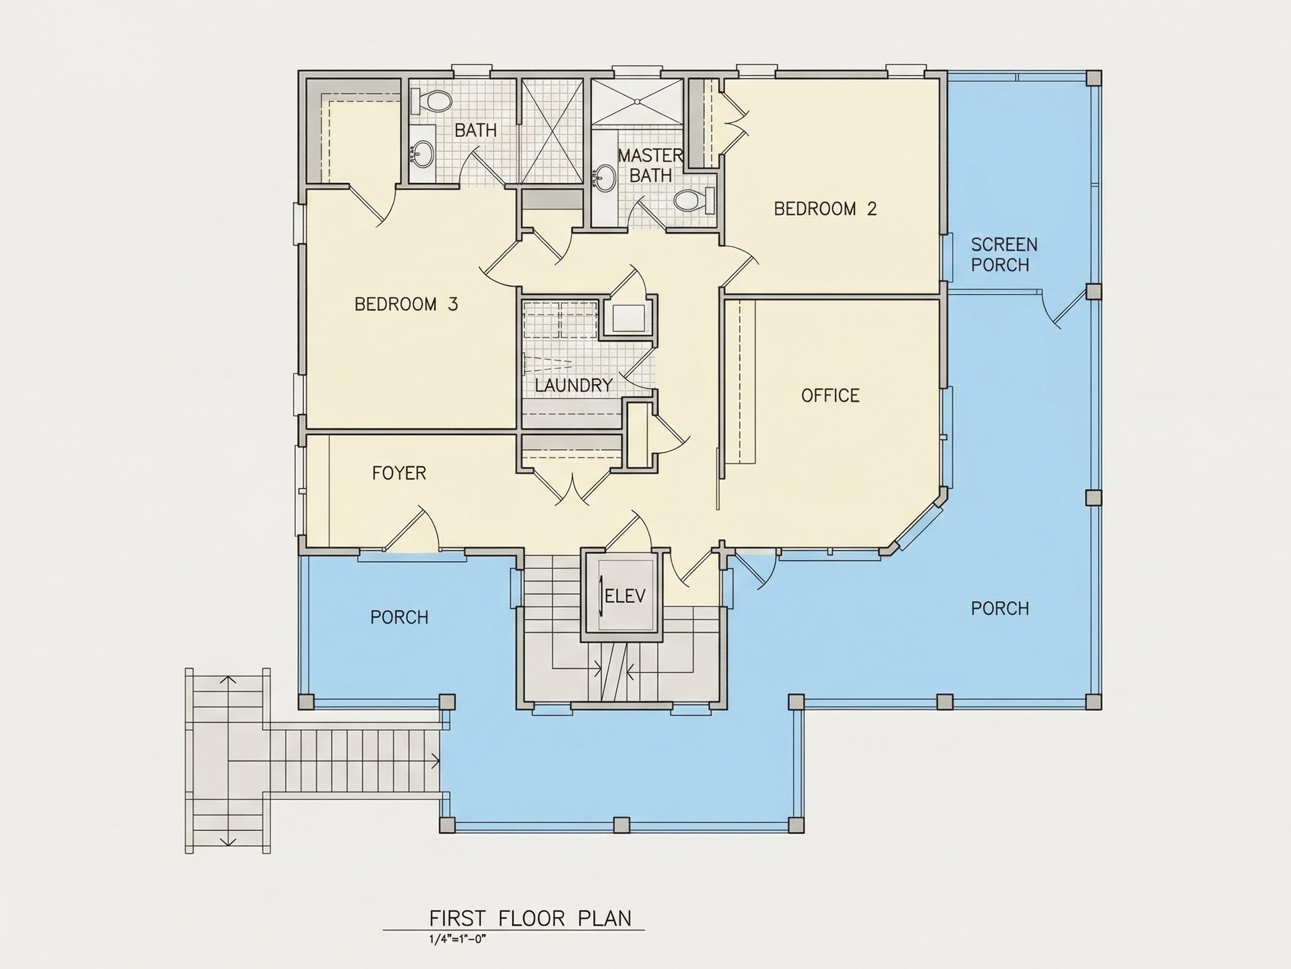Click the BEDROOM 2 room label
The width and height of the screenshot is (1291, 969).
point(825,209)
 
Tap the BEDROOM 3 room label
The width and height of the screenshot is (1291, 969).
point(406,304)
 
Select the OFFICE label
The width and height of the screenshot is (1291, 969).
point(830,395)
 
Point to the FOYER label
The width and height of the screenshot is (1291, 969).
point(399,473)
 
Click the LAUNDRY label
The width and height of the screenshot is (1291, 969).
point(574,385)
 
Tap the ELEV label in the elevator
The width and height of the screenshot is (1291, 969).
point(626,596)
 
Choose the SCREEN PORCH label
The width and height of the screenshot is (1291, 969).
point(1004,254)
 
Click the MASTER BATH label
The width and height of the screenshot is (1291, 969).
point(650,165)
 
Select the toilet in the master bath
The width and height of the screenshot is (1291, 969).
point(694,201)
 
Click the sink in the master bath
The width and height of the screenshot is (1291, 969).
point(605,178)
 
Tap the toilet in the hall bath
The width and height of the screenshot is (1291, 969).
point(431,101)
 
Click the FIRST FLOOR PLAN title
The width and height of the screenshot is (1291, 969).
point(530,918)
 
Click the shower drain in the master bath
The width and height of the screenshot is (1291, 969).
point(637,101)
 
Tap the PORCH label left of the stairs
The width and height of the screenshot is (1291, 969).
point(399,617)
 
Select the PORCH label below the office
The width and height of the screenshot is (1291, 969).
point(1000,608)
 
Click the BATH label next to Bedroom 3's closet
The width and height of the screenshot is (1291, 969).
point(476,130)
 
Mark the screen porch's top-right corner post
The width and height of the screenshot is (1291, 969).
point(1094,79)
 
